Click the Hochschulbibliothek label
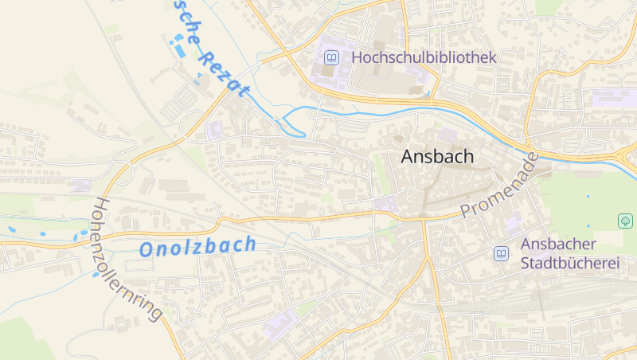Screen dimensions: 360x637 point(424,57)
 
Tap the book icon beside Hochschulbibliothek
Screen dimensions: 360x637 point(331,57)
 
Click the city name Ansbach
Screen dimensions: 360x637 point(437,157)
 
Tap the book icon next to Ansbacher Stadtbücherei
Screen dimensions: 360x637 point(501,253)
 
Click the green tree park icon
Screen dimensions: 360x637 point(625,220)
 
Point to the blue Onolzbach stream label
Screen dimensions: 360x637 point(197,246)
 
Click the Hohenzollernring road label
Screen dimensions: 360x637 point(127,258)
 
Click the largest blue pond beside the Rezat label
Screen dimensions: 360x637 point(179,49)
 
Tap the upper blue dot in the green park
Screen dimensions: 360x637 point(588,196)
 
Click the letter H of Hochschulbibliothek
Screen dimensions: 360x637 point(357,57)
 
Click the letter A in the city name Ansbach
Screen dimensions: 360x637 point(408,157)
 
